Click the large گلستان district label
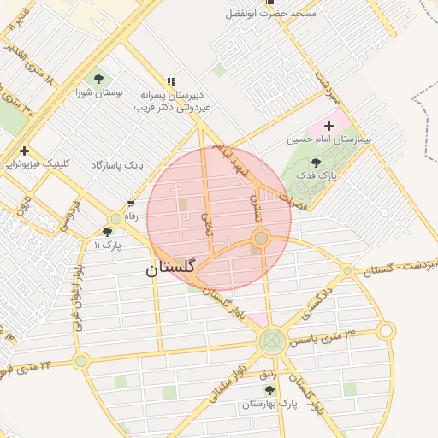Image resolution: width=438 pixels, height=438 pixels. click(170, 268)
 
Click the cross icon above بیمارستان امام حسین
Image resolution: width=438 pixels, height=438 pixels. click(328, 126)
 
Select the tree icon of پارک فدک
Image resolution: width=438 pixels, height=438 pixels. click(317, 163)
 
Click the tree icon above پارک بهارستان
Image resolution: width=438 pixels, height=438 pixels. click(270, 390)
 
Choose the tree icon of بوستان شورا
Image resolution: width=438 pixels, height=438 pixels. click(97, 80)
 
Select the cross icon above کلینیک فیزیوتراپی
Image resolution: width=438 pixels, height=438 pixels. click(24, 151)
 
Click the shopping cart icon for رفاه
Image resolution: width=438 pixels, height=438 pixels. click(131, 204)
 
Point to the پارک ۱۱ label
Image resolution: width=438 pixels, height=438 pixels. click(105, 245)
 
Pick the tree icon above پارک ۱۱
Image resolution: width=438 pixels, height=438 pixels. click(106, 232)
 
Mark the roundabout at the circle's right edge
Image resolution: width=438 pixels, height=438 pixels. click(261, 237)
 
